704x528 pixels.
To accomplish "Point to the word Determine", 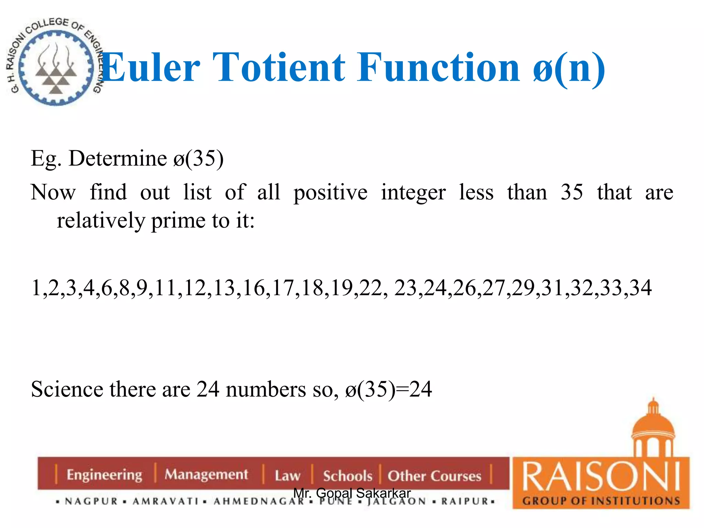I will coord(118,159).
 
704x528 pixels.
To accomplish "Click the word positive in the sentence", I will coord(330,192).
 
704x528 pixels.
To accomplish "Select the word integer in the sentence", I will coord(414,192).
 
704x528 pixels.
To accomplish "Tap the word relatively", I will coord(101,221).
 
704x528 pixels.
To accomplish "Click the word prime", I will coord(178,221).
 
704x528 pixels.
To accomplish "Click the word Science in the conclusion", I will coord(67,389).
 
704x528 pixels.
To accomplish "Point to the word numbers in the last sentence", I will coord(266,389).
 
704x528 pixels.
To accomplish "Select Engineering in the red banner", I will coord(104,475).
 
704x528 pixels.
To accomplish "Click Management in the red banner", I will coord(206,475).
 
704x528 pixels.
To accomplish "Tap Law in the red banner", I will coord(287,476).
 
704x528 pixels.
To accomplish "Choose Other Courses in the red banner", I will coord(434,476).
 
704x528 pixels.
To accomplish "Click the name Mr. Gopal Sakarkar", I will coord(352,493).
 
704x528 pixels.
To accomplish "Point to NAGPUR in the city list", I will coord(91,502).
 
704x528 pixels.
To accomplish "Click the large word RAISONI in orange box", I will coord(601,477).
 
